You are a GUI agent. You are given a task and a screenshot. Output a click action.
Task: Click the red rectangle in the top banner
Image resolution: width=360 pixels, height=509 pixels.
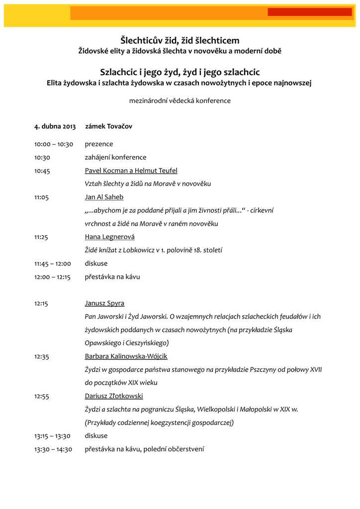pyautogui.click(x=309, y=12)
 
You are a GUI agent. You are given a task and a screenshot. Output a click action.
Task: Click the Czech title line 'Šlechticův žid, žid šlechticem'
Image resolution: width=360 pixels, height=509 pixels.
pyautogui.click(x=180, y=40)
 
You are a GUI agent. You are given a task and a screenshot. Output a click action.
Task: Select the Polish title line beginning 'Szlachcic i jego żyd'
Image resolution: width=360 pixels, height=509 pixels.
pyautogui.click(x=180, y=73)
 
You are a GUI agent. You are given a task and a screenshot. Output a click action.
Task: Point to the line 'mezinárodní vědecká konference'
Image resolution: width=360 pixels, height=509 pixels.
pyautogui.click(x=180, y=100)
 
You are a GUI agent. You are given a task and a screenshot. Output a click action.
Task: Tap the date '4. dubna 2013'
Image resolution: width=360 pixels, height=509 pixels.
pyautogui.click(x=55, y=126)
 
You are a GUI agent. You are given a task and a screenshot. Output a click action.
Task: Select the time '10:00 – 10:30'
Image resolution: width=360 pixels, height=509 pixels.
pyautogui.click(x=54, y=144)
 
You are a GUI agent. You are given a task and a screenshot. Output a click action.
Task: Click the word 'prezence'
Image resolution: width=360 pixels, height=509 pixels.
pyautogui.click(x=99, y=144)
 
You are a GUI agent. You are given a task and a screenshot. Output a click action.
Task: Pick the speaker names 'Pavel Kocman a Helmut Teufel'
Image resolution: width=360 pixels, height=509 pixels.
pyautogui.click(x=131, y=170)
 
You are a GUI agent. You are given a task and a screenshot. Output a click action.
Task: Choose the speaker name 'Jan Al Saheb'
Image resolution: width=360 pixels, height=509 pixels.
pyautogui.click(x=104, y=197)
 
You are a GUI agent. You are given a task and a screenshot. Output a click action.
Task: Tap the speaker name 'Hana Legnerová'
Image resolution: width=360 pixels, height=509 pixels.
pyautogui.click(x=109, y=237)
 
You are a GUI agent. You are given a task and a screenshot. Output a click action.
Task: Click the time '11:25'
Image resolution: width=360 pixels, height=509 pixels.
pyautogui.click(x=41, y=237)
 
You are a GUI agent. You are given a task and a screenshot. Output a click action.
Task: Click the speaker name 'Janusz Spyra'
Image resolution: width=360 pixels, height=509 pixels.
pyautogui.click(x=104, y=303)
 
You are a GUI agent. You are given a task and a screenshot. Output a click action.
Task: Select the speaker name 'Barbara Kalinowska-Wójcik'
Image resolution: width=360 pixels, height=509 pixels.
pyautogui.click(x=126, y=356)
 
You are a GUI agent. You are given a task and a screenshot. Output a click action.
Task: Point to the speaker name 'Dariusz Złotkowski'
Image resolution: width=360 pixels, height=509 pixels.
pyautogui.click(x=114, y=396)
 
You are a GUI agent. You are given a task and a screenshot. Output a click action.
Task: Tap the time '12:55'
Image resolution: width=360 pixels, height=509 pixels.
pyautogui.click(x=41, y=396)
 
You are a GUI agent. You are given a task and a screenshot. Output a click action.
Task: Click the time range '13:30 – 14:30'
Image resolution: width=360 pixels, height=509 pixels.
pyautogui.click(x=53, y=449)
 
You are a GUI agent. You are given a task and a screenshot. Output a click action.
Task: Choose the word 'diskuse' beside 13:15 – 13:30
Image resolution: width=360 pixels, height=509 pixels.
pyautogui.click(x=96, y=436)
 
